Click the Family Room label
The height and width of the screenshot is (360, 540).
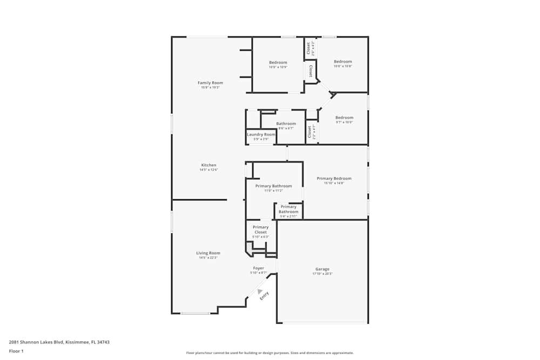(210, 83)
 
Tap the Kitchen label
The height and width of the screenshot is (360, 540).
(209, 165)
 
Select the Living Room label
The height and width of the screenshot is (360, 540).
(208, 253)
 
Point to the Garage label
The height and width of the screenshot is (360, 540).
(322, 269)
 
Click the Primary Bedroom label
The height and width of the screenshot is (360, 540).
(334, 178)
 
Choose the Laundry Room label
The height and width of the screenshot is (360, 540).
(261, 134)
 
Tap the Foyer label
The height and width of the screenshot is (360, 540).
(259, 268)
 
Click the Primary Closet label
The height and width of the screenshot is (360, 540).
(260, 230)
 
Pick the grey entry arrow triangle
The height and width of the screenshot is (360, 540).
(260, 291)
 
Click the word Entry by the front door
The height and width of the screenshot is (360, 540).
(264, 296)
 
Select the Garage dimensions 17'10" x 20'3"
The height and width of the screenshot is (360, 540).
(322, 274)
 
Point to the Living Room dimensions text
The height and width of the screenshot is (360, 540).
(208, 257)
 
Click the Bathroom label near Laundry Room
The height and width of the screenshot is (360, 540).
(286, 124)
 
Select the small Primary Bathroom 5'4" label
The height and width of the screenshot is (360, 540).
(288, 209)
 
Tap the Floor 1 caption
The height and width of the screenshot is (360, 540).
(16, 351)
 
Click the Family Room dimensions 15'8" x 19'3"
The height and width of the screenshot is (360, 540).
(210, 87)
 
